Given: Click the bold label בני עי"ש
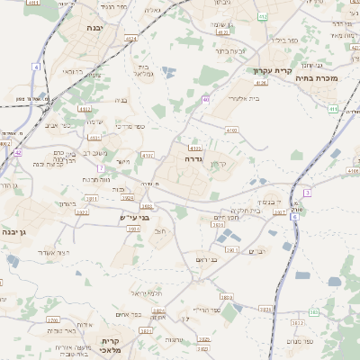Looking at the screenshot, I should tap(137, 217).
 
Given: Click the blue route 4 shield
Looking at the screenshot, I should tap(36, 67).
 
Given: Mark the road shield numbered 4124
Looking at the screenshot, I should tap(131, 39).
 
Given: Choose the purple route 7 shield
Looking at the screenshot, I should tap(102, 168).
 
